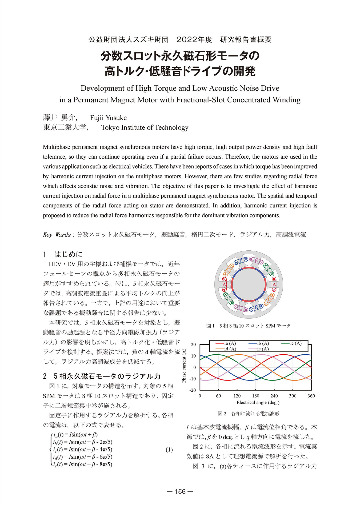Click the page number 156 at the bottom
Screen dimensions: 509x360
(x=180, y=491)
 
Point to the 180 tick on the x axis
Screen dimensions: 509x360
(x=255, y=396)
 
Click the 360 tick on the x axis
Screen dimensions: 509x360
(x=311, y=396)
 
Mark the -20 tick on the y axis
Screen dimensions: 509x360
(x=193, y=390)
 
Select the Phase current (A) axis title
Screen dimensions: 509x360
(x=184, y=366)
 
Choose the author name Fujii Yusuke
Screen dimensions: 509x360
(x=108, y=118)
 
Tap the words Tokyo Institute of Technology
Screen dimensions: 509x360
(x=145, y=128)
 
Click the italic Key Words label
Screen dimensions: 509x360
(x=57, y=235)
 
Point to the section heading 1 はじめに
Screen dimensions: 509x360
(x=63, y=254)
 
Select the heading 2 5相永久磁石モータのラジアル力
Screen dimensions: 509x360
(x=102, y=376)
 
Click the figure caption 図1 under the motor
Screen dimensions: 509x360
(x=248, y=326)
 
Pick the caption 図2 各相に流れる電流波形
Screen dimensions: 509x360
(x=249, y=414)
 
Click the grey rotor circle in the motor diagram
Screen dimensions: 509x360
(x=249, y=284)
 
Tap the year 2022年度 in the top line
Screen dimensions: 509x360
(x=194, y=40)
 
